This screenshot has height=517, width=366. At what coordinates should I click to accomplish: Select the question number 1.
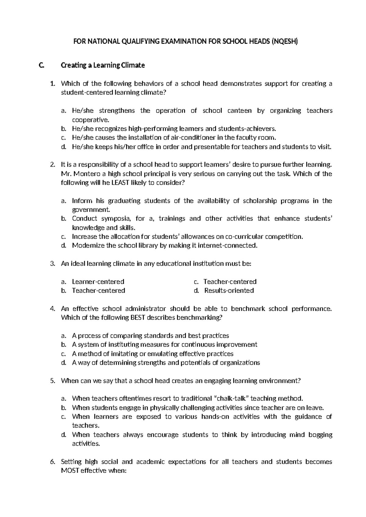coord(52,84)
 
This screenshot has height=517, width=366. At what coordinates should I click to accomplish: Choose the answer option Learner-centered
coord(98,281)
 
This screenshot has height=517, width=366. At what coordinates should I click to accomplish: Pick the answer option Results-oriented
coord(229,291)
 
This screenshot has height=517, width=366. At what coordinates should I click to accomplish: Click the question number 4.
coord(52,309)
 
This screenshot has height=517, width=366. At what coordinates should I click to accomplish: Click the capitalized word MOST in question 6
coord(70,471)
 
